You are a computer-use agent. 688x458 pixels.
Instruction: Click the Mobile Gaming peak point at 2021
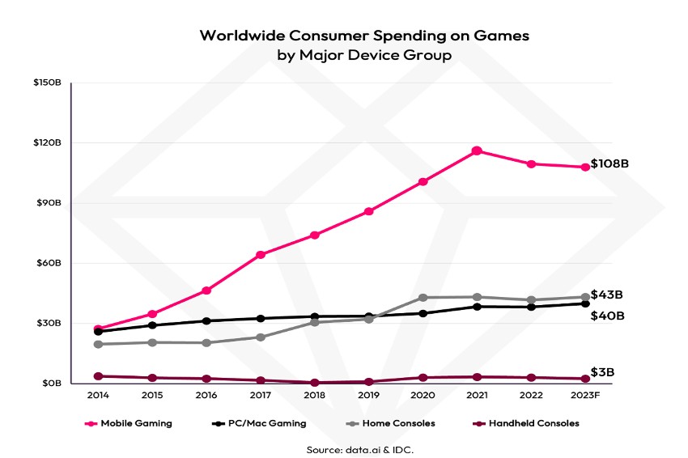click(477, 151)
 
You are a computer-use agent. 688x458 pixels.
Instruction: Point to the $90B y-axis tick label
click(51, 203)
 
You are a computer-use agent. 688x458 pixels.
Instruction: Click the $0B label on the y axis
click(53, 384)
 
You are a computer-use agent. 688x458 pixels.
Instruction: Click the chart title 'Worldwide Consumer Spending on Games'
click(364, 36)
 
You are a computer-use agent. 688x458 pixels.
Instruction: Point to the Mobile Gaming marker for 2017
click(261, 255)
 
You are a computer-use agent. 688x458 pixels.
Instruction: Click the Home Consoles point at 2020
click(423, 298)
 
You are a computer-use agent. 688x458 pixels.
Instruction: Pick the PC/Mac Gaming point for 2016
click(206, 321)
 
